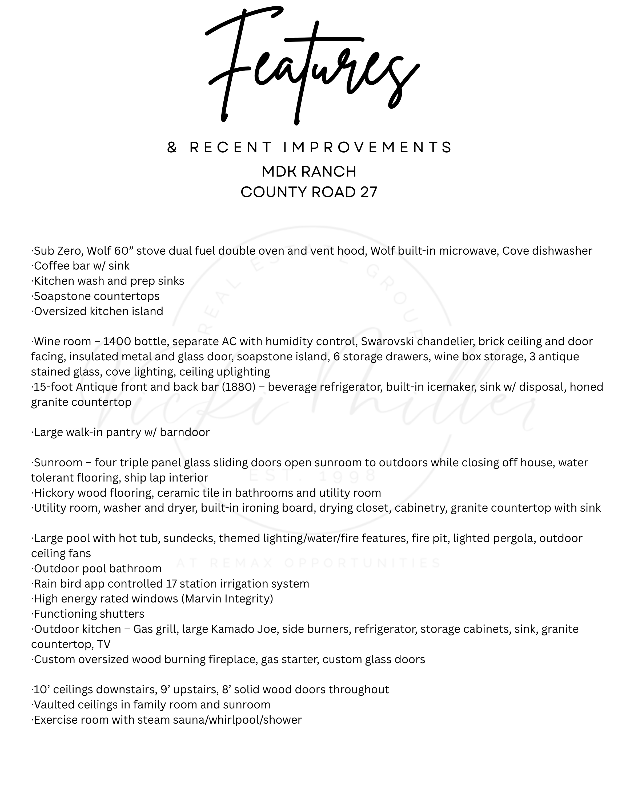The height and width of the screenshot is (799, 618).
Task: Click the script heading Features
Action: [x=311, y=66]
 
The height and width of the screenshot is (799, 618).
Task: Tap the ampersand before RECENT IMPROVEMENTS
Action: [x=172, y=148]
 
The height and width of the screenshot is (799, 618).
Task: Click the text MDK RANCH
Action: [x=309, y=172]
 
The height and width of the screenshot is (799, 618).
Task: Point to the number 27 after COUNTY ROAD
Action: [x=368, y=192]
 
